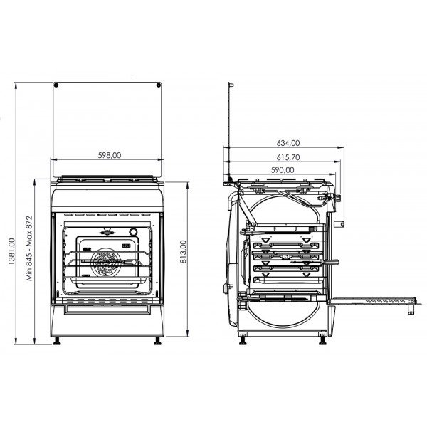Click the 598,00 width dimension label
pos(110,155)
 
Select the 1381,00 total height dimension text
pos(11,251)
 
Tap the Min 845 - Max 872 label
pos(29,248)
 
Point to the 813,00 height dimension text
pos(184,252)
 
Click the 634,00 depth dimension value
pos(288,143)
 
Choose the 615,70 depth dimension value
pos(288,157)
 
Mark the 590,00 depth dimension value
pos(283,170)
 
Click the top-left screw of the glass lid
pos(56,85)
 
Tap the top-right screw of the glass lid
pos(158,85)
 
